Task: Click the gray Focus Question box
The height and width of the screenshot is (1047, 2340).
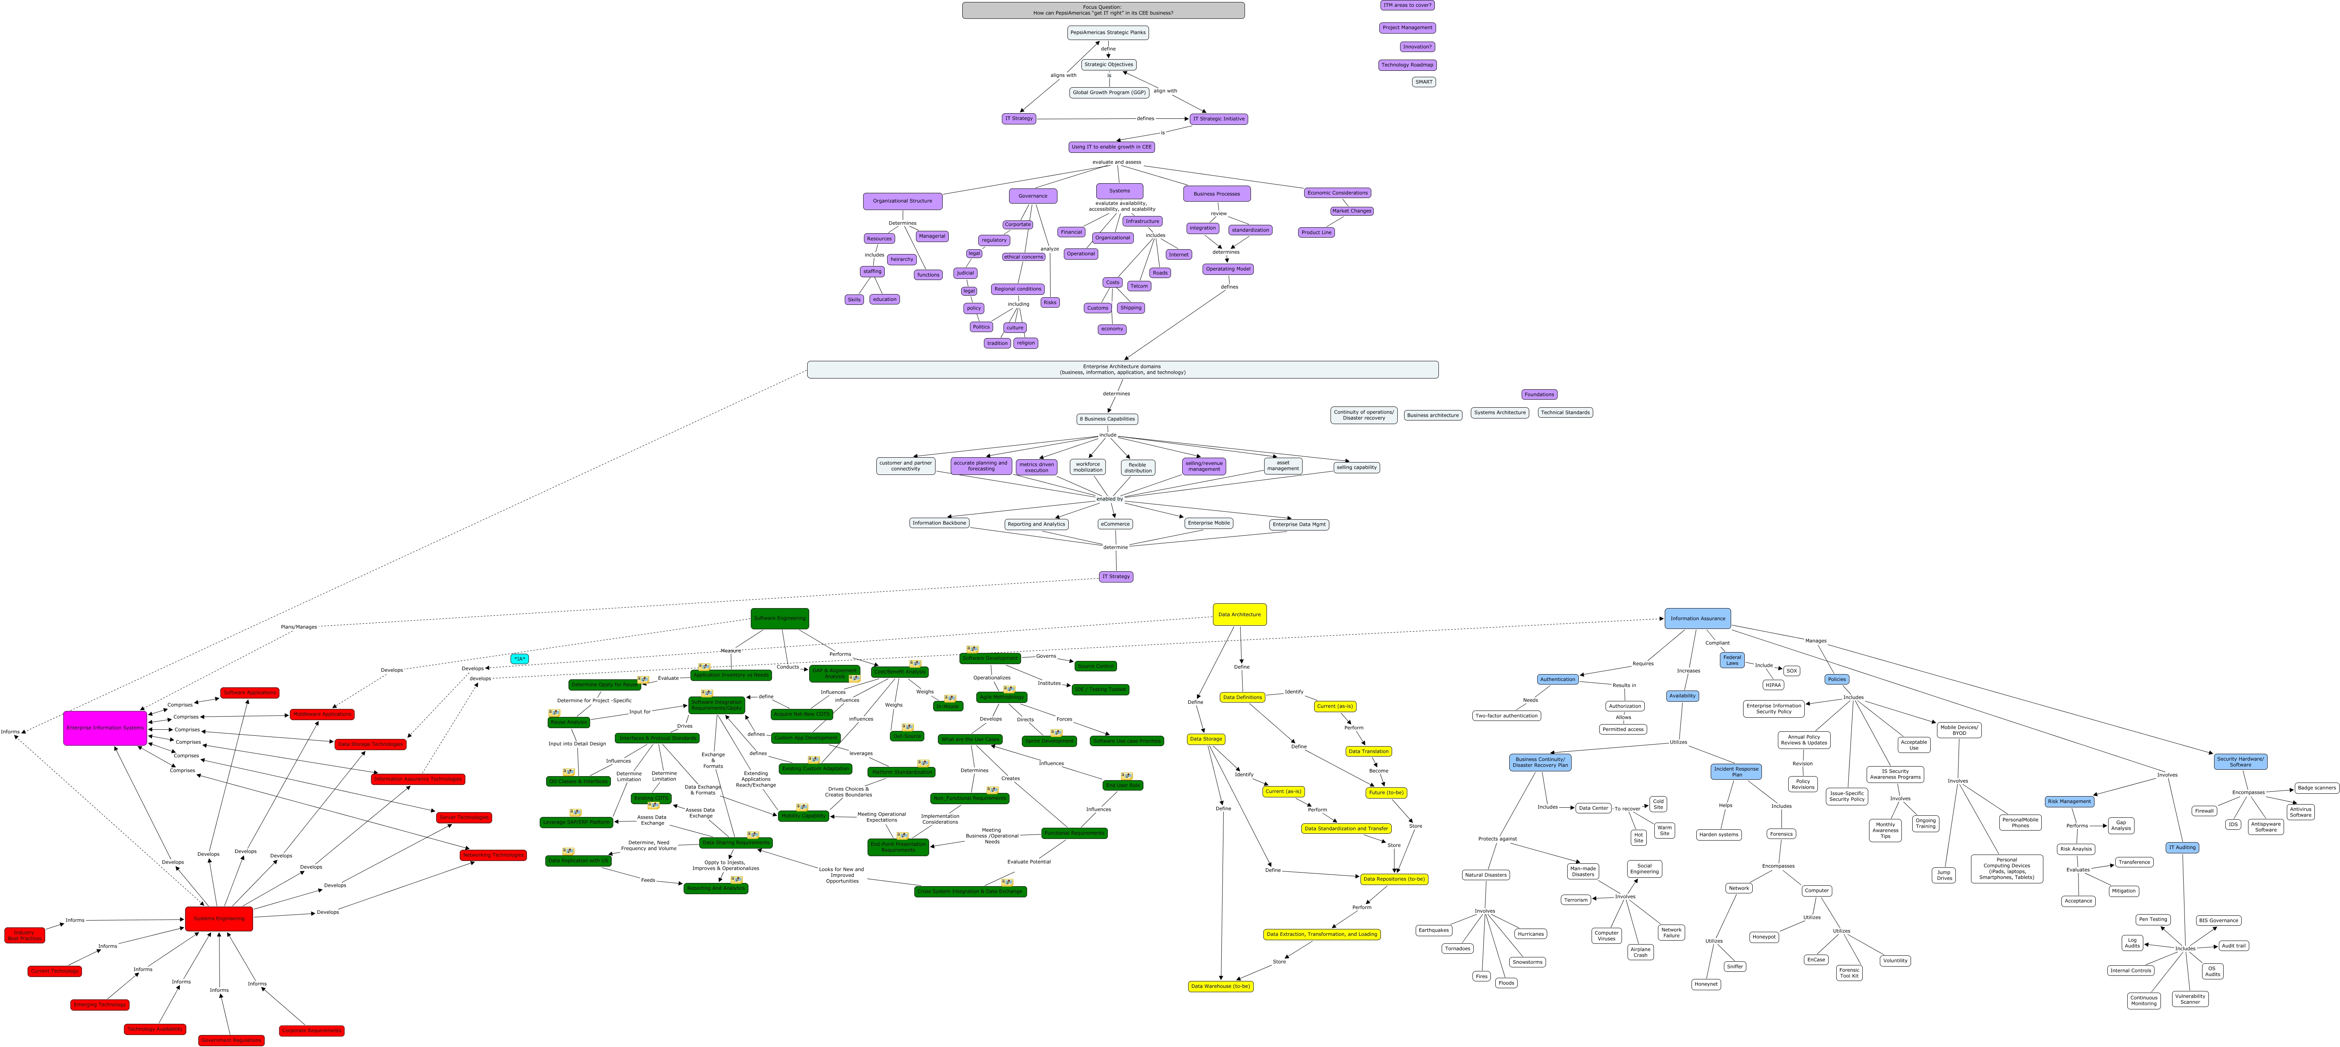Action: [1103, 10]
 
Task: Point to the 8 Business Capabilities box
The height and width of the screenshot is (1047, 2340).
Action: [1106, 419]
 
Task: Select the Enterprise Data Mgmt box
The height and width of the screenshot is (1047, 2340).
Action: [1298, 525]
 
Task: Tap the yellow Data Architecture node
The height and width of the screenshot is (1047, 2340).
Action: [1239, 615]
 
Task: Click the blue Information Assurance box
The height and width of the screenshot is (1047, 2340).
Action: [1697, 618]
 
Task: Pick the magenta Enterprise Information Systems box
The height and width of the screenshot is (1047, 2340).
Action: [104, 728]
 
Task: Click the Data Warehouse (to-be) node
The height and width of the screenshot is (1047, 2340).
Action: [1220, 986]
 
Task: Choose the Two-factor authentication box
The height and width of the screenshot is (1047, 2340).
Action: [1506, 715]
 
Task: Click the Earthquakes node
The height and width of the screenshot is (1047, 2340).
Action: [1433, 930]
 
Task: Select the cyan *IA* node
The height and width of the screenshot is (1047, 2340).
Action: [519, 659]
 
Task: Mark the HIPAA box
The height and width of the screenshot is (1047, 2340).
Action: [1772, 685]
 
